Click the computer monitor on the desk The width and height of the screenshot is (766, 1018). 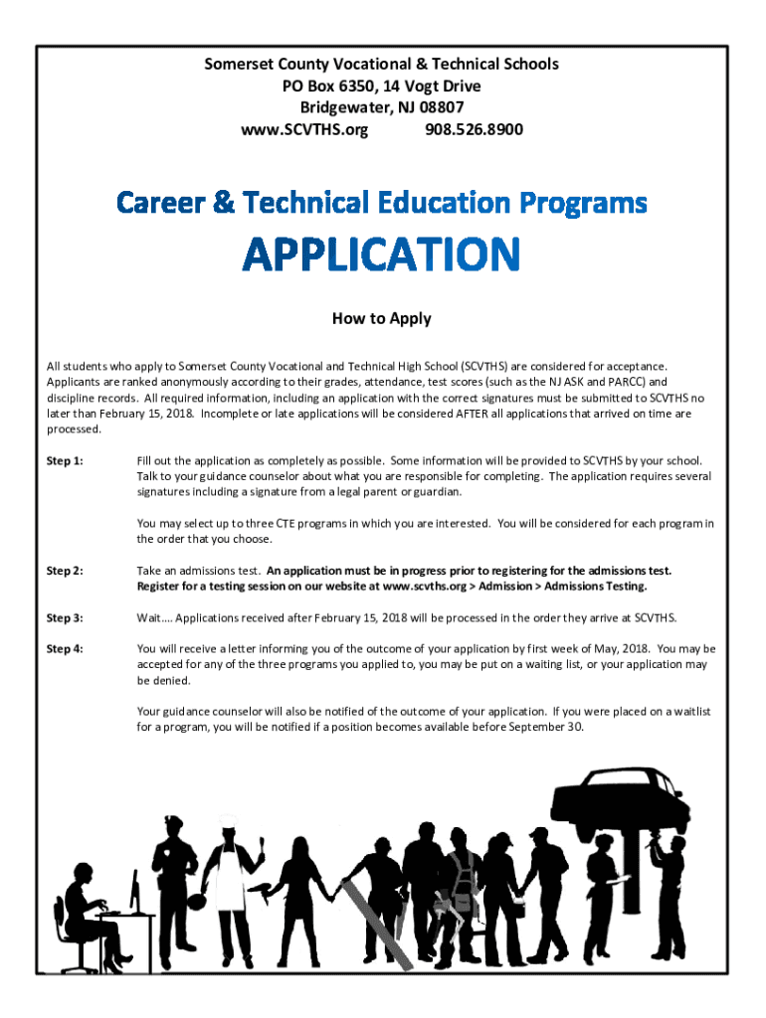[x=134, y=887]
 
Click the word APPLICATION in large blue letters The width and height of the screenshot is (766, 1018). [x=382, y=255]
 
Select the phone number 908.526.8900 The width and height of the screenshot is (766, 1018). [x=475, y=129]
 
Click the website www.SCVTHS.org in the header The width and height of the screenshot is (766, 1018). [x=304, y=129]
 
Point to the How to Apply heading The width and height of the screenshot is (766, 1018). [x=382, y=319]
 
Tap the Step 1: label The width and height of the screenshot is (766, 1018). [x=65, y=461]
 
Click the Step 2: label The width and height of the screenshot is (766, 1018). [x=65, y=571]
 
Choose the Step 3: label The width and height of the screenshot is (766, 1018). [x=65, y=618]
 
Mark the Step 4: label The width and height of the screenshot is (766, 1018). [x=65, y=649]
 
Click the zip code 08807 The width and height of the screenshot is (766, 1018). [x=442, y=107]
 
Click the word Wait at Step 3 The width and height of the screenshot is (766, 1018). [x=149, y=618]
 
